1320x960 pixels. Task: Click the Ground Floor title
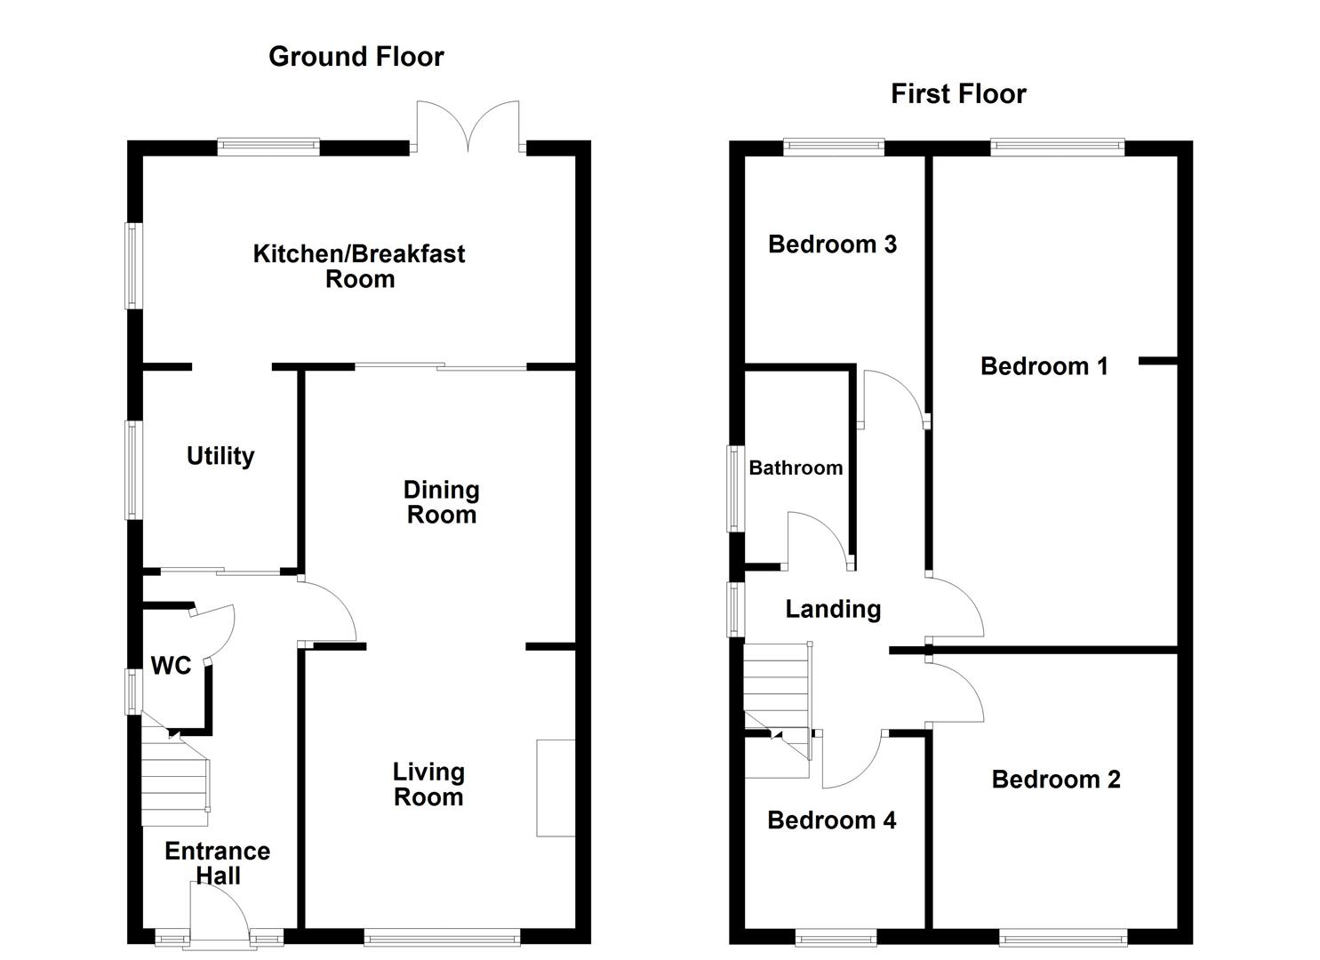coord(356,57)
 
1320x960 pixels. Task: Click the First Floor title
coord(958,93)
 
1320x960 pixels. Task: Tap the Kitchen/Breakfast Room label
coord(359,266)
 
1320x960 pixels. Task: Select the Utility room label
coord(220,456)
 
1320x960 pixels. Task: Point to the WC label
coord(171,666)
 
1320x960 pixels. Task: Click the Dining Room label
coord(442,502)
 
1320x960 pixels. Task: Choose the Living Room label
coord(428,784)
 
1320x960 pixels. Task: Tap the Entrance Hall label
coord(218,863)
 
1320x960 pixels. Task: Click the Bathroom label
coord(796,468)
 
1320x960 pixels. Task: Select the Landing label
coord(833,609)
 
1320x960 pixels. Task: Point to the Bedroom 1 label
coord(1044,366)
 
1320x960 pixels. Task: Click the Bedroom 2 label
coord(1056,780)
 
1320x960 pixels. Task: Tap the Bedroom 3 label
coord(832,244)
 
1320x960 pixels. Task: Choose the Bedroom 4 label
coord(831,820)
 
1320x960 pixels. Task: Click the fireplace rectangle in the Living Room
coord(556,788)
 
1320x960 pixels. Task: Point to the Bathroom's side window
coord(734,488)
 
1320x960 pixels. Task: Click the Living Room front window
coord(442,936)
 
